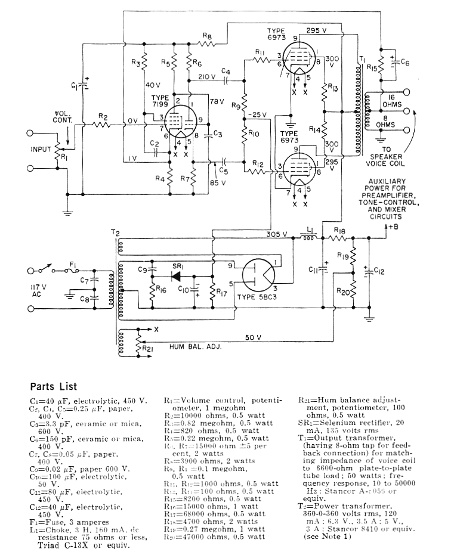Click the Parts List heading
point(54,386)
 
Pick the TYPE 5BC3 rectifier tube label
point(258,296)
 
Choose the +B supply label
point(391,227)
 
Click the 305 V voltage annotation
point(277,234)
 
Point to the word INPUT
point(41,149)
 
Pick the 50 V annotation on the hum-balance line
point(254,338)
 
